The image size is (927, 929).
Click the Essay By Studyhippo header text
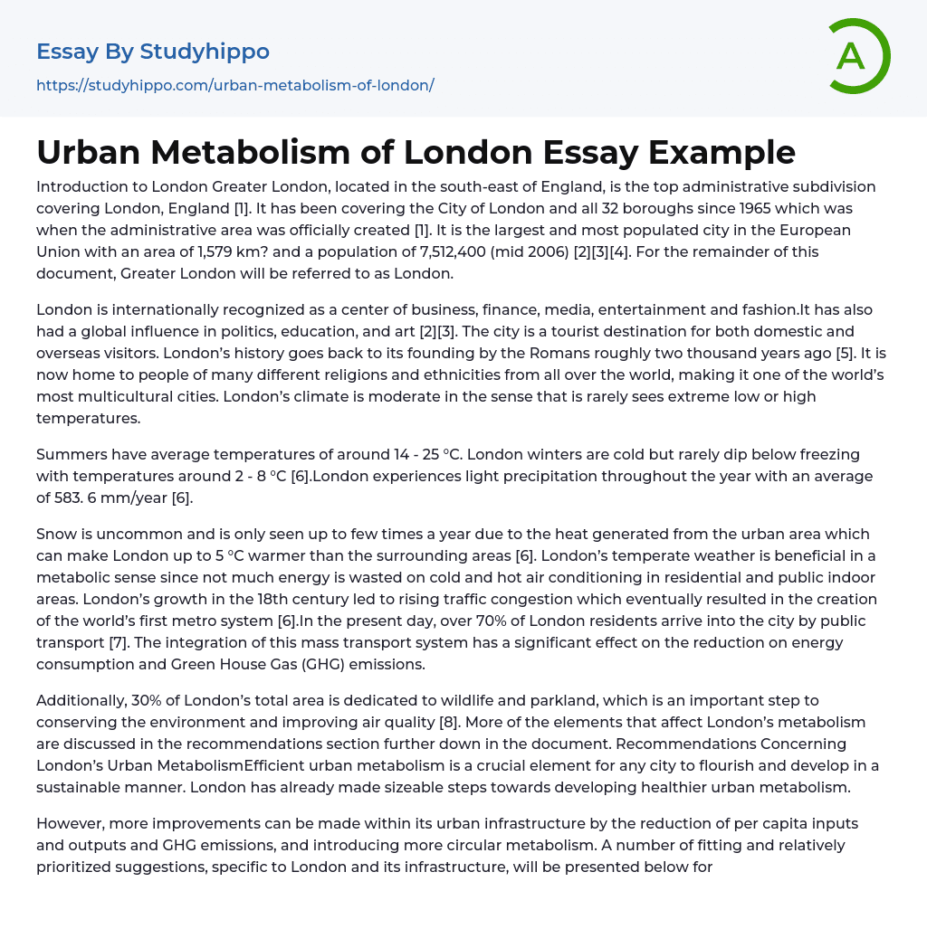pyautogui.click(x=153, y=52)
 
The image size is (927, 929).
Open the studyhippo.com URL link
pyautogui.click(x=234, y=85)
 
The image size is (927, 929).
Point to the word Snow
pyautogui.click(x=57, y=535)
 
